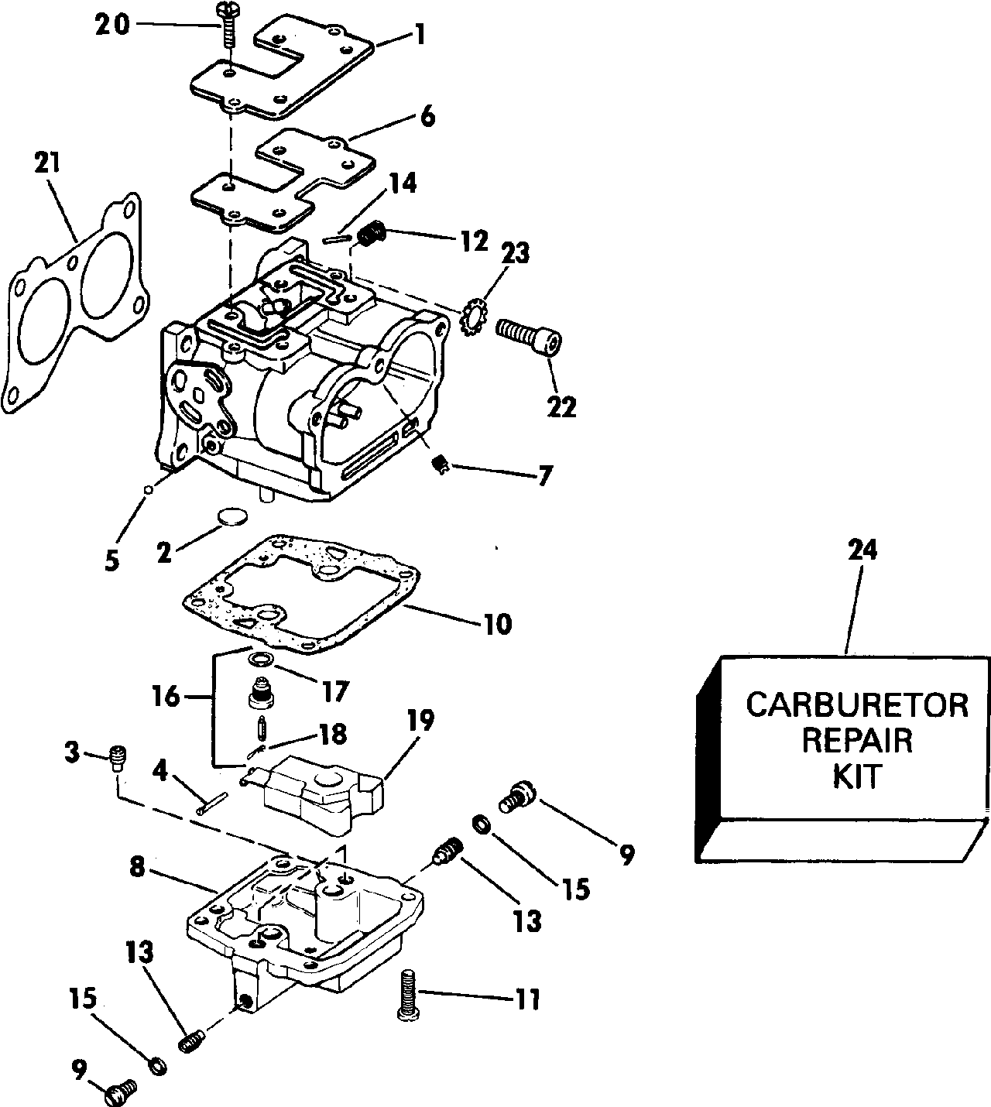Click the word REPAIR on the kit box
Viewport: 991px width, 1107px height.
click(x=856, y=741)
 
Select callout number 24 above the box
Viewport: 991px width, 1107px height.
click(x=862, y=550)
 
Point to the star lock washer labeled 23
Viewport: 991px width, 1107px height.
click(x=471, y=317)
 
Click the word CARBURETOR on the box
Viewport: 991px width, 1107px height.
click(x=856, y=705)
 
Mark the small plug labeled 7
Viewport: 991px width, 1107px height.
click(x=440, y=464)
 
